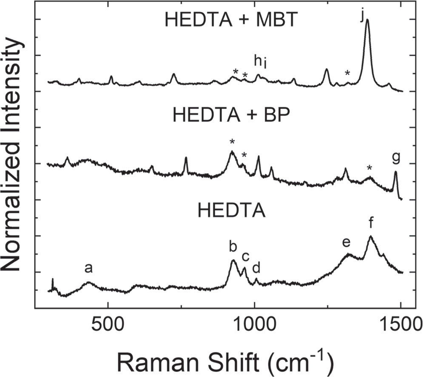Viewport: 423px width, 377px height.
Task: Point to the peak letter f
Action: coord(371,222)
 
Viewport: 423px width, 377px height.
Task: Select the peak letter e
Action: coord(346,243)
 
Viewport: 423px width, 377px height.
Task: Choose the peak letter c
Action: coord(245,257)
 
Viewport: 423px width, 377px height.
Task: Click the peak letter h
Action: coord(257,61)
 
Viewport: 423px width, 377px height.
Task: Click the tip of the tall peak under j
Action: coord(367,20)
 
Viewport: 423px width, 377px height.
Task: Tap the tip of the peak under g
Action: coord(395,172)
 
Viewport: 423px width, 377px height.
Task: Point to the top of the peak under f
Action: coord(371,236)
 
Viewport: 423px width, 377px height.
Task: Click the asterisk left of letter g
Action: coord(369,168)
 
